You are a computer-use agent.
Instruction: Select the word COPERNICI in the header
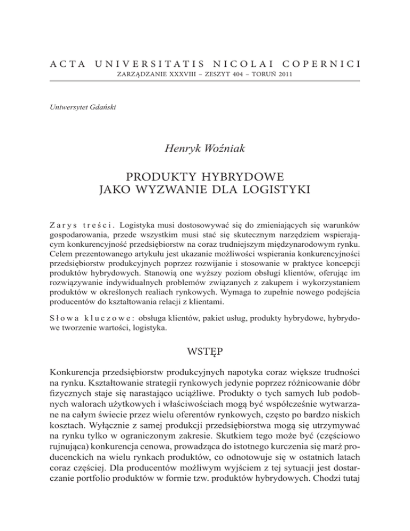click(317, 64)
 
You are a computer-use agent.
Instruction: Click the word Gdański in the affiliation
click(102, 110)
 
